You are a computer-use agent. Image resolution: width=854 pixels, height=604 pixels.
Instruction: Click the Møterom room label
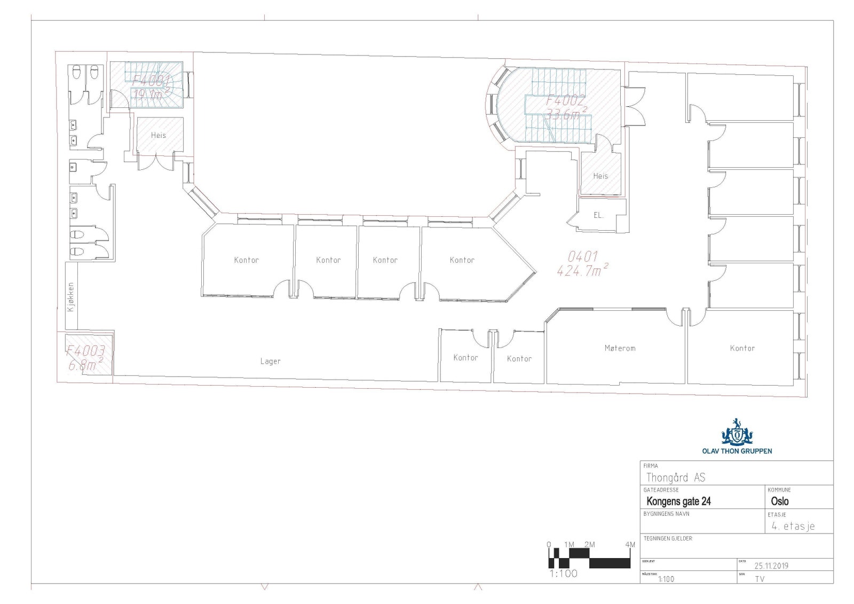(620, 348)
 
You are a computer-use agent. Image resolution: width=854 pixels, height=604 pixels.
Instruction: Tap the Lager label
(270, 362)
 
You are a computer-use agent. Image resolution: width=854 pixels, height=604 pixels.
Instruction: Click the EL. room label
(598, 215)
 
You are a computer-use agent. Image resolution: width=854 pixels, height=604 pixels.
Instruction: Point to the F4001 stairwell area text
(151, 81)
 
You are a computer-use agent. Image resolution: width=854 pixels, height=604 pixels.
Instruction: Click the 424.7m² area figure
(582, 271)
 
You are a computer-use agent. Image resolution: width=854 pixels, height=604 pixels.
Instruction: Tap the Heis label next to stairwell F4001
(158, 135)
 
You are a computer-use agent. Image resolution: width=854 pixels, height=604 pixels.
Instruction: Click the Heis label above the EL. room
(600, 176)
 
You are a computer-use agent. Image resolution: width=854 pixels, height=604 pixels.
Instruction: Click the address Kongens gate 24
(678, 501)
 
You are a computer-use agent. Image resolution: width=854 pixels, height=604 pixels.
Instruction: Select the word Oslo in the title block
(779, 501)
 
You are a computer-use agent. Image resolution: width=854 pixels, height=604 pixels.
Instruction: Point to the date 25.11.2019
(771, 566)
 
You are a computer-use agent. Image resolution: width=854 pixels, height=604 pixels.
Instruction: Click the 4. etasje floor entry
(793, 526)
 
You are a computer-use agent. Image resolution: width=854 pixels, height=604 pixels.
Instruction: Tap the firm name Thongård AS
(675, 477)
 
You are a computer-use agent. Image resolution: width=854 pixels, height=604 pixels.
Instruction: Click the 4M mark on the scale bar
(630, 545)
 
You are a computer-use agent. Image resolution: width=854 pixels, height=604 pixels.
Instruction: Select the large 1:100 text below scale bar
(564, 574)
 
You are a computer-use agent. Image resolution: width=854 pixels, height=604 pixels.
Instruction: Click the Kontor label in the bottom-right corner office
(742, 348)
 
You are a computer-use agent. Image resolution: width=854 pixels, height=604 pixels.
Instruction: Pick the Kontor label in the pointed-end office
(462, 260)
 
